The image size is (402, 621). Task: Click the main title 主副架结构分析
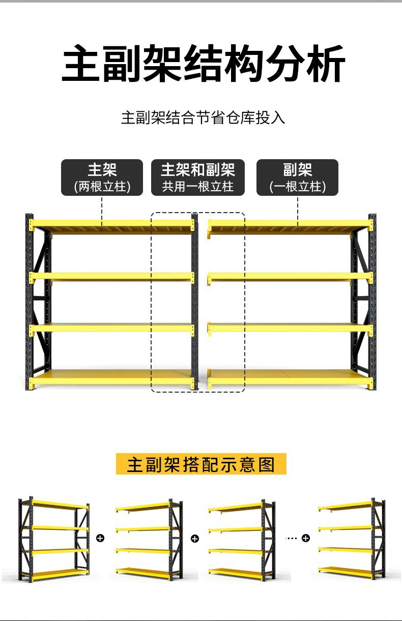click(203, 65)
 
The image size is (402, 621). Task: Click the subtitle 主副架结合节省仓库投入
click(203, 117)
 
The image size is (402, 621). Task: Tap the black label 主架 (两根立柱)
click(102, 177)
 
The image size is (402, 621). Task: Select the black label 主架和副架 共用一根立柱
click(198, 177)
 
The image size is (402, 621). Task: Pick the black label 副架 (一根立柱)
click(297, 177)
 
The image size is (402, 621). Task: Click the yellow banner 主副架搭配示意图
click(201, 464)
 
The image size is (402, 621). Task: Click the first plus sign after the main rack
click(100, 538)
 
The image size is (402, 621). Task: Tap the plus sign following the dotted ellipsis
click(305, 538)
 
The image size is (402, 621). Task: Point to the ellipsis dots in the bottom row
click(291, 538)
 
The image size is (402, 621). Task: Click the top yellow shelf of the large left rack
click(112, 225)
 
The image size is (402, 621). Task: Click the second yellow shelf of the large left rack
click(112, 277)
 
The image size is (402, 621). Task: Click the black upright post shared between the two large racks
click(194, 305)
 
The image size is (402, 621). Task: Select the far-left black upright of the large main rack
click(29, 305)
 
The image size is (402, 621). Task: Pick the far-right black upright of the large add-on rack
click(372, 305)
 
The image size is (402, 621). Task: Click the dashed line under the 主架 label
click(102, 209)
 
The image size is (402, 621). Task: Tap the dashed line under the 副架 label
click(297, 209)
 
